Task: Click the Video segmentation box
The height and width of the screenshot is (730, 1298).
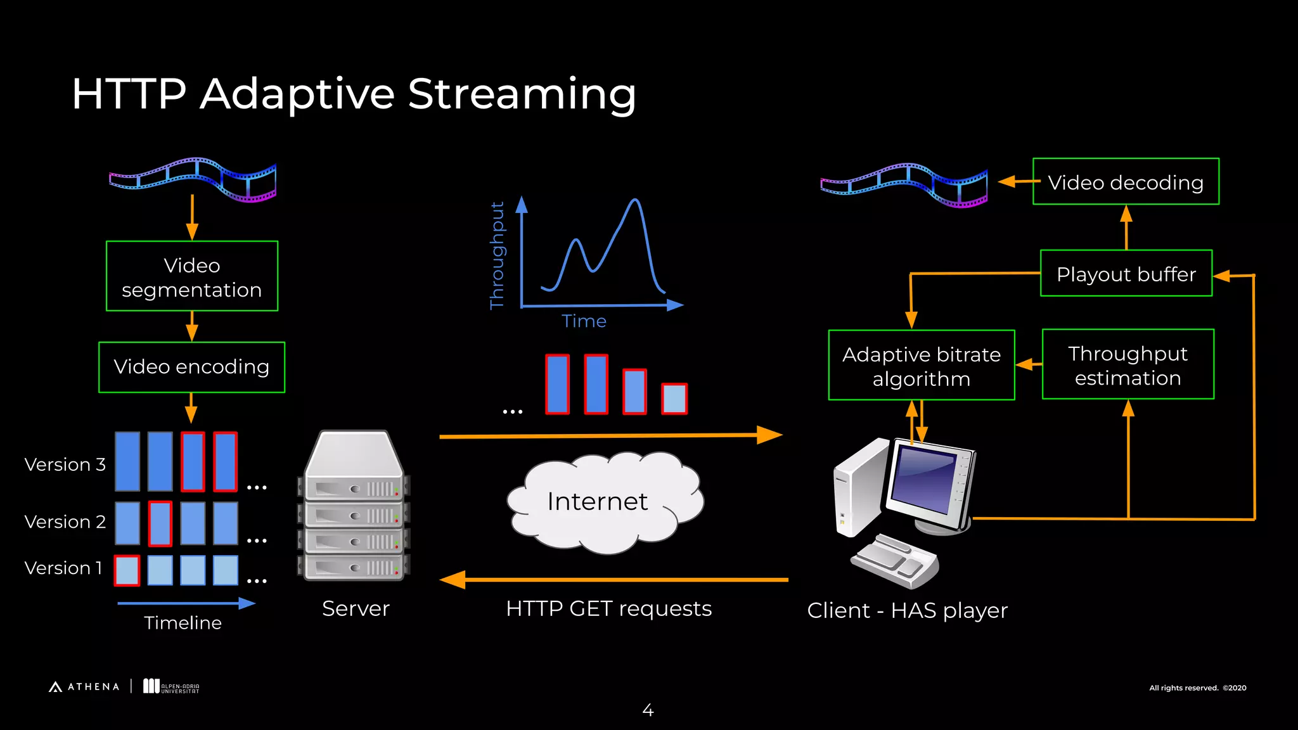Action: click(x=191, y=276)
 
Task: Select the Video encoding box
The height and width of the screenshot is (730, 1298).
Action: click(x=191, y=367)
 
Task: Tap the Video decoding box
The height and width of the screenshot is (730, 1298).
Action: click(x=1126, y=182)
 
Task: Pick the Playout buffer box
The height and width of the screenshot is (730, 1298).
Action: click(x=1126, y=274)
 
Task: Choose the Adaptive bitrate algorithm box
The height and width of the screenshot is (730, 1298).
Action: click(x=921, y=366)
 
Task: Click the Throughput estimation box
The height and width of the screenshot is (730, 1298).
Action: click(x=1128, y=365)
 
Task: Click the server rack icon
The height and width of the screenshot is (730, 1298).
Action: click(x=354, y=507)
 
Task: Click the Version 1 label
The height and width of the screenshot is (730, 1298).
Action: click(x=63, y=568)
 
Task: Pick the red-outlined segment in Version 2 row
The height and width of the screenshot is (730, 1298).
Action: click(x=160, y=523)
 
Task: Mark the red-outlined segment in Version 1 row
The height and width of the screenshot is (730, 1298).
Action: click(x=127, y=570)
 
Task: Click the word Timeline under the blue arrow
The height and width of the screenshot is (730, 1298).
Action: click(x=183, y=623)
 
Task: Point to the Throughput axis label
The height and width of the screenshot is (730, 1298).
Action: click(x=498, y=255)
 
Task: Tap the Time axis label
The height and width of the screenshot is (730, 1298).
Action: click(x=584, y=321)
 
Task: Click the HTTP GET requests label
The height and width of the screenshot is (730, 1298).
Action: click(x=608, y=608)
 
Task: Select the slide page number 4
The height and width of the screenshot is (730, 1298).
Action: click(x=648, y=710)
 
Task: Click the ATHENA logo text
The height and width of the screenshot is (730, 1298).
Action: click(x=93, y=687)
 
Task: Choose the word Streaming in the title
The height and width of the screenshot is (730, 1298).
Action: click(x=521, y=94)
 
